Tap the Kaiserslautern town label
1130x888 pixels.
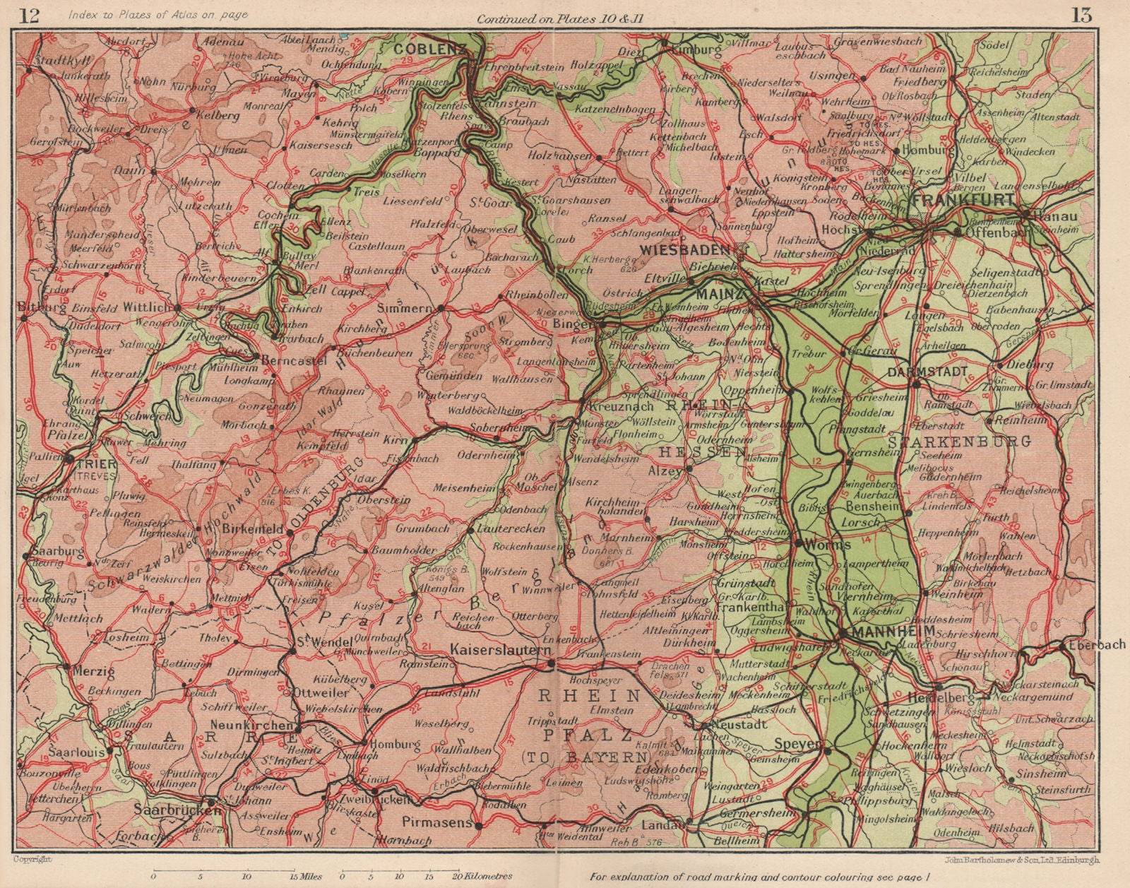[501, 649]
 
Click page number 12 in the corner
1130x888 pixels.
[30, 16]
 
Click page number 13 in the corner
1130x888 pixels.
[1081, 15]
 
